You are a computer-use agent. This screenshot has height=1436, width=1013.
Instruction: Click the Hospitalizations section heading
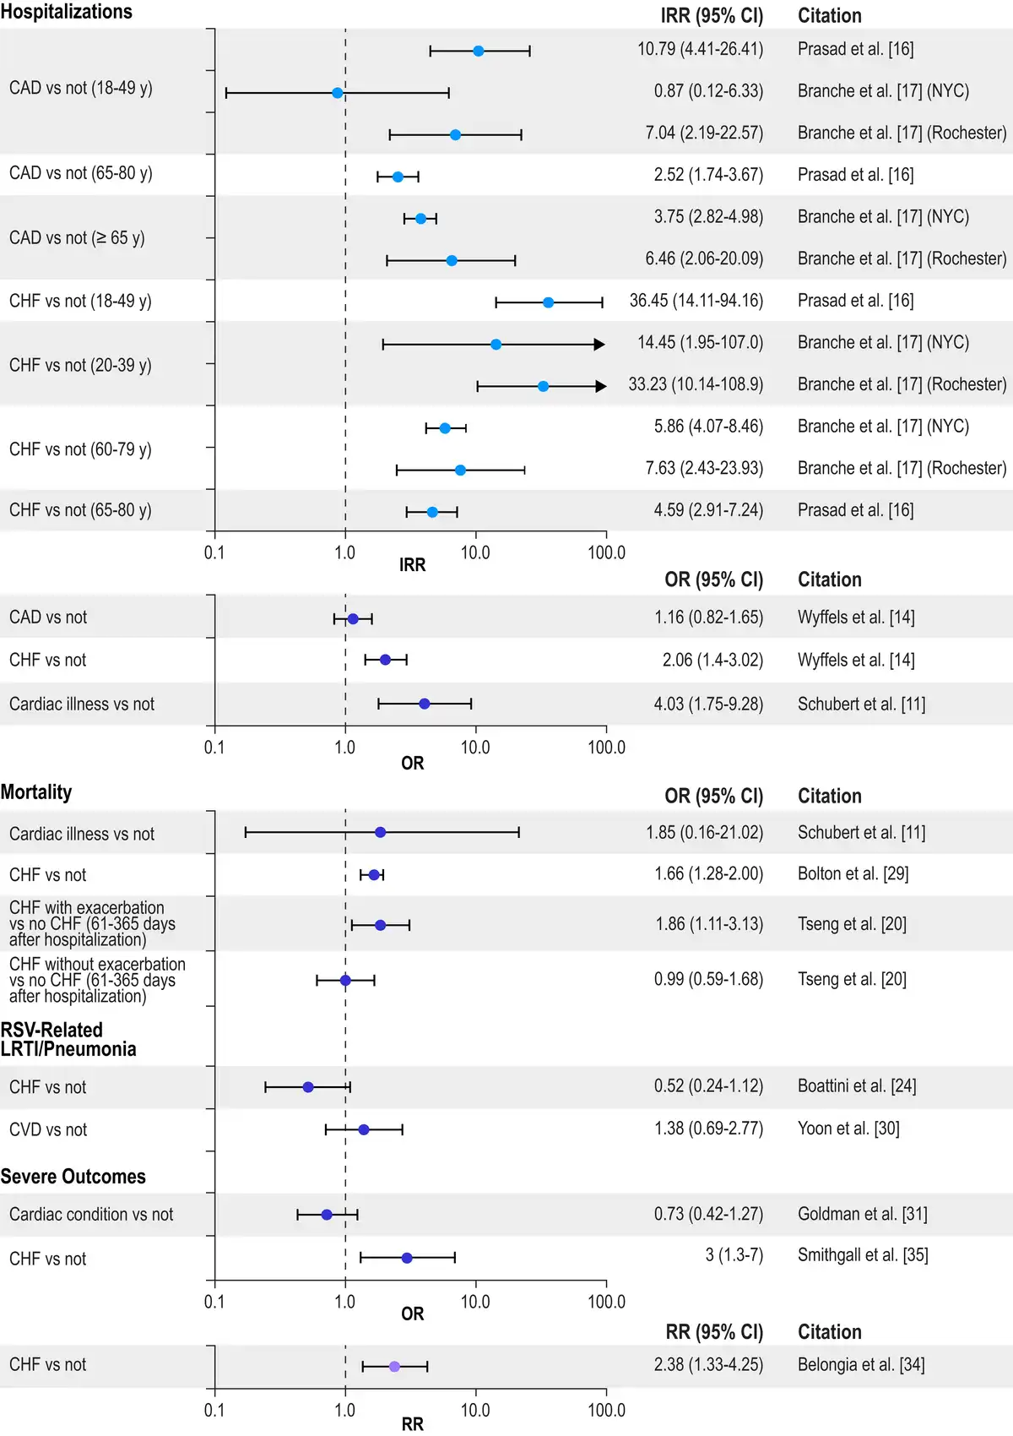(67, 12)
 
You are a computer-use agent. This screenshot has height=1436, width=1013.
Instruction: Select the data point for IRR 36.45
(548, 302)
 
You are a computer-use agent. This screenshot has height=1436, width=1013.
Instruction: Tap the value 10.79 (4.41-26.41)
(700, 49)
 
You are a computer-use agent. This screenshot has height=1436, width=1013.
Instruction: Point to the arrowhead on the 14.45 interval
(599, 345)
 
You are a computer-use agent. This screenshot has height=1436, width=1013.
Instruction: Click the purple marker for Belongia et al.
(394, 1366)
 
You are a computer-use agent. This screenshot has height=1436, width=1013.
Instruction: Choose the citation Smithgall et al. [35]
(863, 1255)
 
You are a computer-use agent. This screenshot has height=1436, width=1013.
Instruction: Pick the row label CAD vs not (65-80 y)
(81, 173)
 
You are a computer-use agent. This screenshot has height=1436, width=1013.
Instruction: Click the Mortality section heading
(36, 792)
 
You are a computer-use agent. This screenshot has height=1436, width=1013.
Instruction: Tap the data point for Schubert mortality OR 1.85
(380, 833)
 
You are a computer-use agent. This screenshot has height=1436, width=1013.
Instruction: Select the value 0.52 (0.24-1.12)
(708, 1086)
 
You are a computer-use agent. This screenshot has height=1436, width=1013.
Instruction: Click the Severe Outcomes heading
(73, 1177)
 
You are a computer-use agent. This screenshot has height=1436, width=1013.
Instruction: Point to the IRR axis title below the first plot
(412, 565)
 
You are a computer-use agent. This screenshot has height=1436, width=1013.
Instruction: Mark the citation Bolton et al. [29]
(853, 873)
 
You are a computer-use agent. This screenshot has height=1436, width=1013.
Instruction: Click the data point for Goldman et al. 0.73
(327, 1215)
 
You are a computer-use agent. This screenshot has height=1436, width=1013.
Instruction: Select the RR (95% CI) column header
(714, 1332)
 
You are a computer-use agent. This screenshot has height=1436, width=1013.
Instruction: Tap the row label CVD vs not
(48, 1130)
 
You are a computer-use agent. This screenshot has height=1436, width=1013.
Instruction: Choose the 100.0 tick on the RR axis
(606, 1410)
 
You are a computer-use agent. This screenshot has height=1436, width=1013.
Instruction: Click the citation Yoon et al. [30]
(848, 1129)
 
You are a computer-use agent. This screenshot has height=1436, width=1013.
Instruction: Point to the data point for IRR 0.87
(338, 93)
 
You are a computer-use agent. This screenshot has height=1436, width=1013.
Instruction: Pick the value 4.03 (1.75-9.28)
(708, 704)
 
